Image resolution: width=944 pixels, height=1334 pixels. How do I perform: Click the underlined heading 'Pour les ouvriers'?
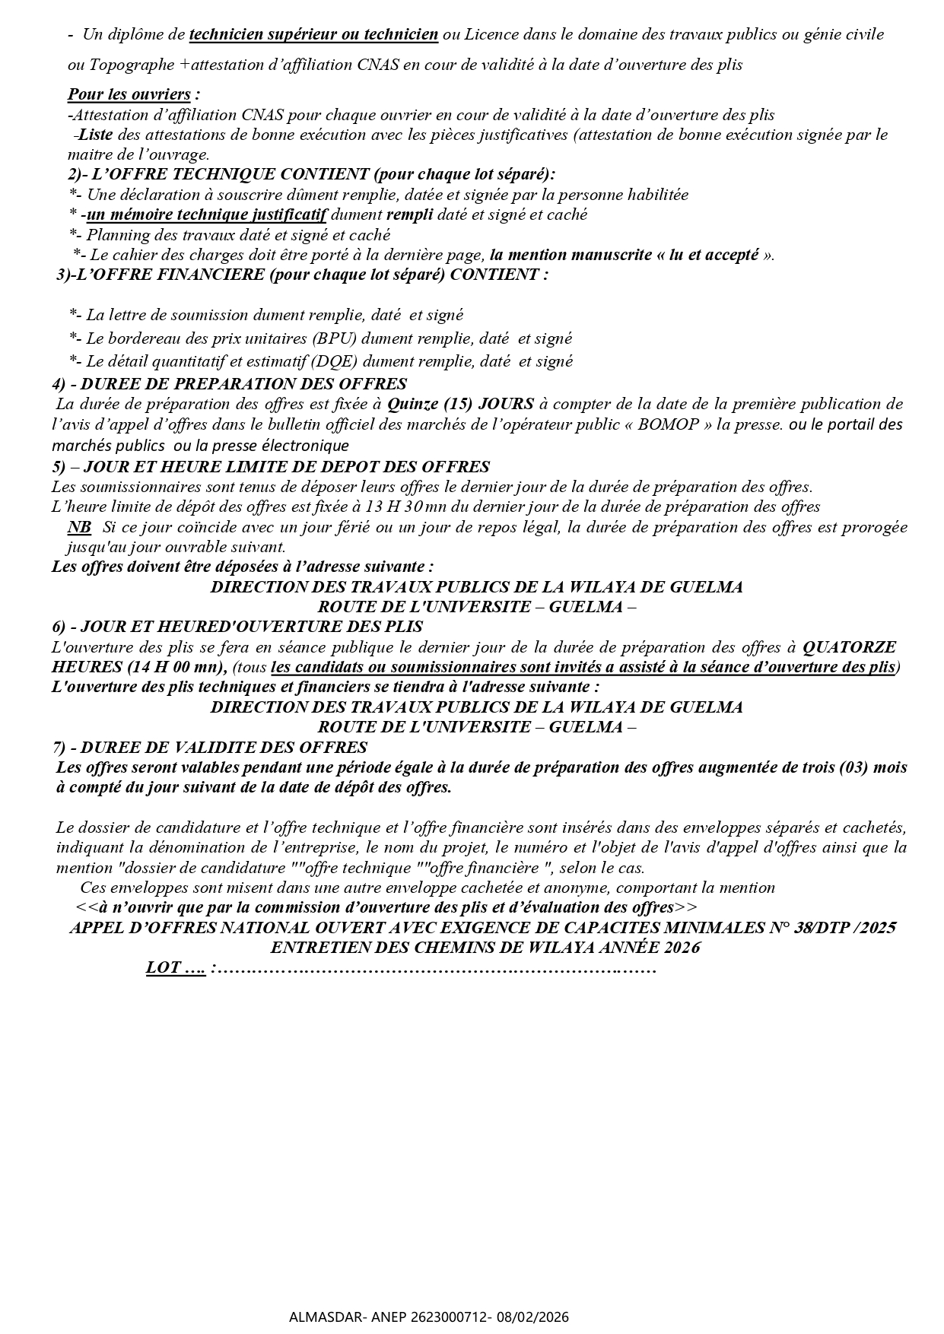[x=129, y=94]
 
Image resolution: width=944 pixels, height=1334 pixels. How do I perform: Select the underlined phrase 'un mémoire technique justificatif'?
[x=206, y=214]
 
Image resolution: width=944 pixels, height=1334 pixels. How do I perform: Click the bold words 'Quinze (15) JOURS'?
[x=461, y=404]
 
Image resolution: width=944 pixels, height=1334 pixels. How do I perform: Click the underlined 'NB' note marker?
[x=78, y=527]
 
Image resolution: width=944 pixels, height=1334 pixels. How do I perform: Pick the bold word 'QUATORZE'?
[x=850, y=647]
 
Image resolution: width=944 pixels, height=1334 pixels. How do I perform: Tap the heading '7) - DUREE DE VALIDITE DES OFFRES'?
[x=209, y=748]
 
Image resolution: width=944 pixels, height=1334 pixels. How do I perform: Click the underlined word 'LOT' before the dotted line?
[x=164, y=968]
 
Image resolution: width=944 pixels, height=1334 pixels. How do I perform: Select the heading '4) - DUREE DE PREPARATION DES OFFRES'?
[x=229, y=384]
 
